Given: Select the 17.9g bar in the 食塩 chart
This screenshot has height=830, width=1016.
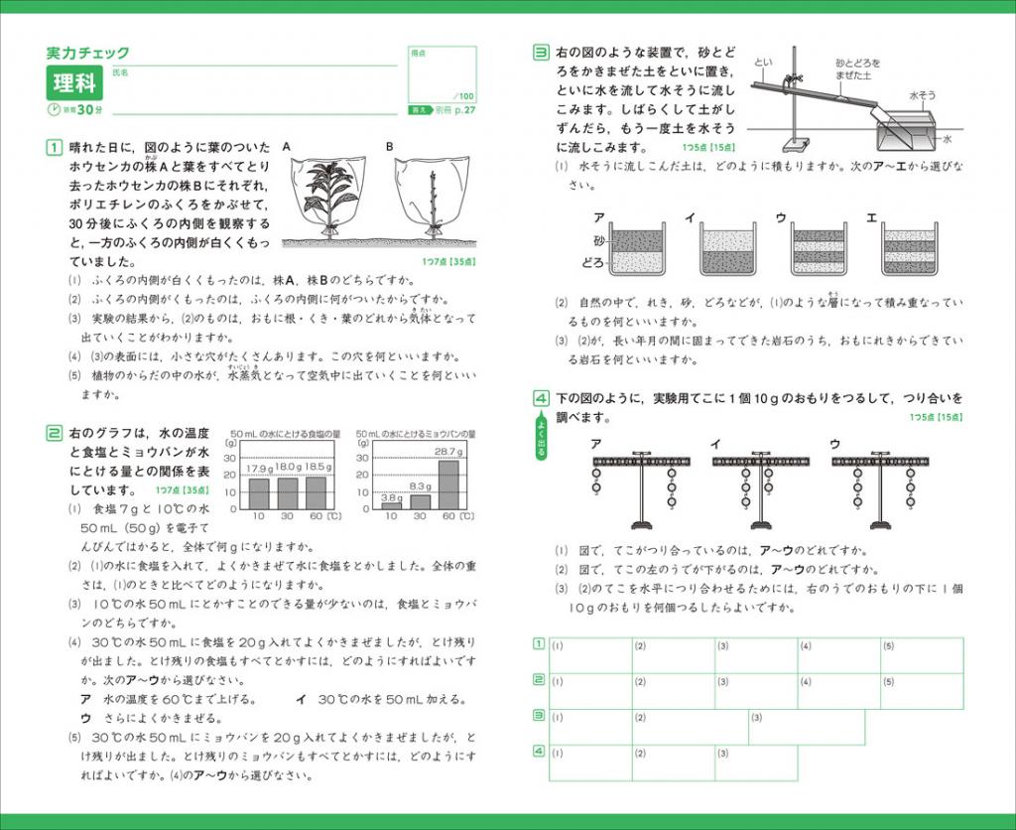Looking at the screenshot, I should point(258,492).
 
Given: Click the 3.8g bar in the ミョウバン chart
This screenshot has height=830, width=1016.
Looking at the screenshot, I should point(392,504).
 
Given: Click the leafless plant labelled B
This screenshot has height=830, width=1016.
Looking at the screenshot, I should point(433,204).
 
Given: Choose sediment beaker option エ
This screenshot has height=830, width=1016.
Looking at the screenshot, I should point(910,249).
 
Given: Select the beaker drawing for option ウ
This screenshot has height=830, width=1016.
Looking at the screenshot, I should point(819,249).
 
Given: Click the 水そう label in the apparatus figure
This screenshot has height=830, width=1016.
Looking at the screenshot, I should point(923,96).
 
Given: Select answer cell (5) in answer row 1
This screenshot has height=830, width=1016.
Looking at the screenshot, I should point(922,655).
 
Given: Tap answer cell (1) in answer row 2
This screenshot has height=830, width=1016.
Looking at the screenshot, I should point(590,691).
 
